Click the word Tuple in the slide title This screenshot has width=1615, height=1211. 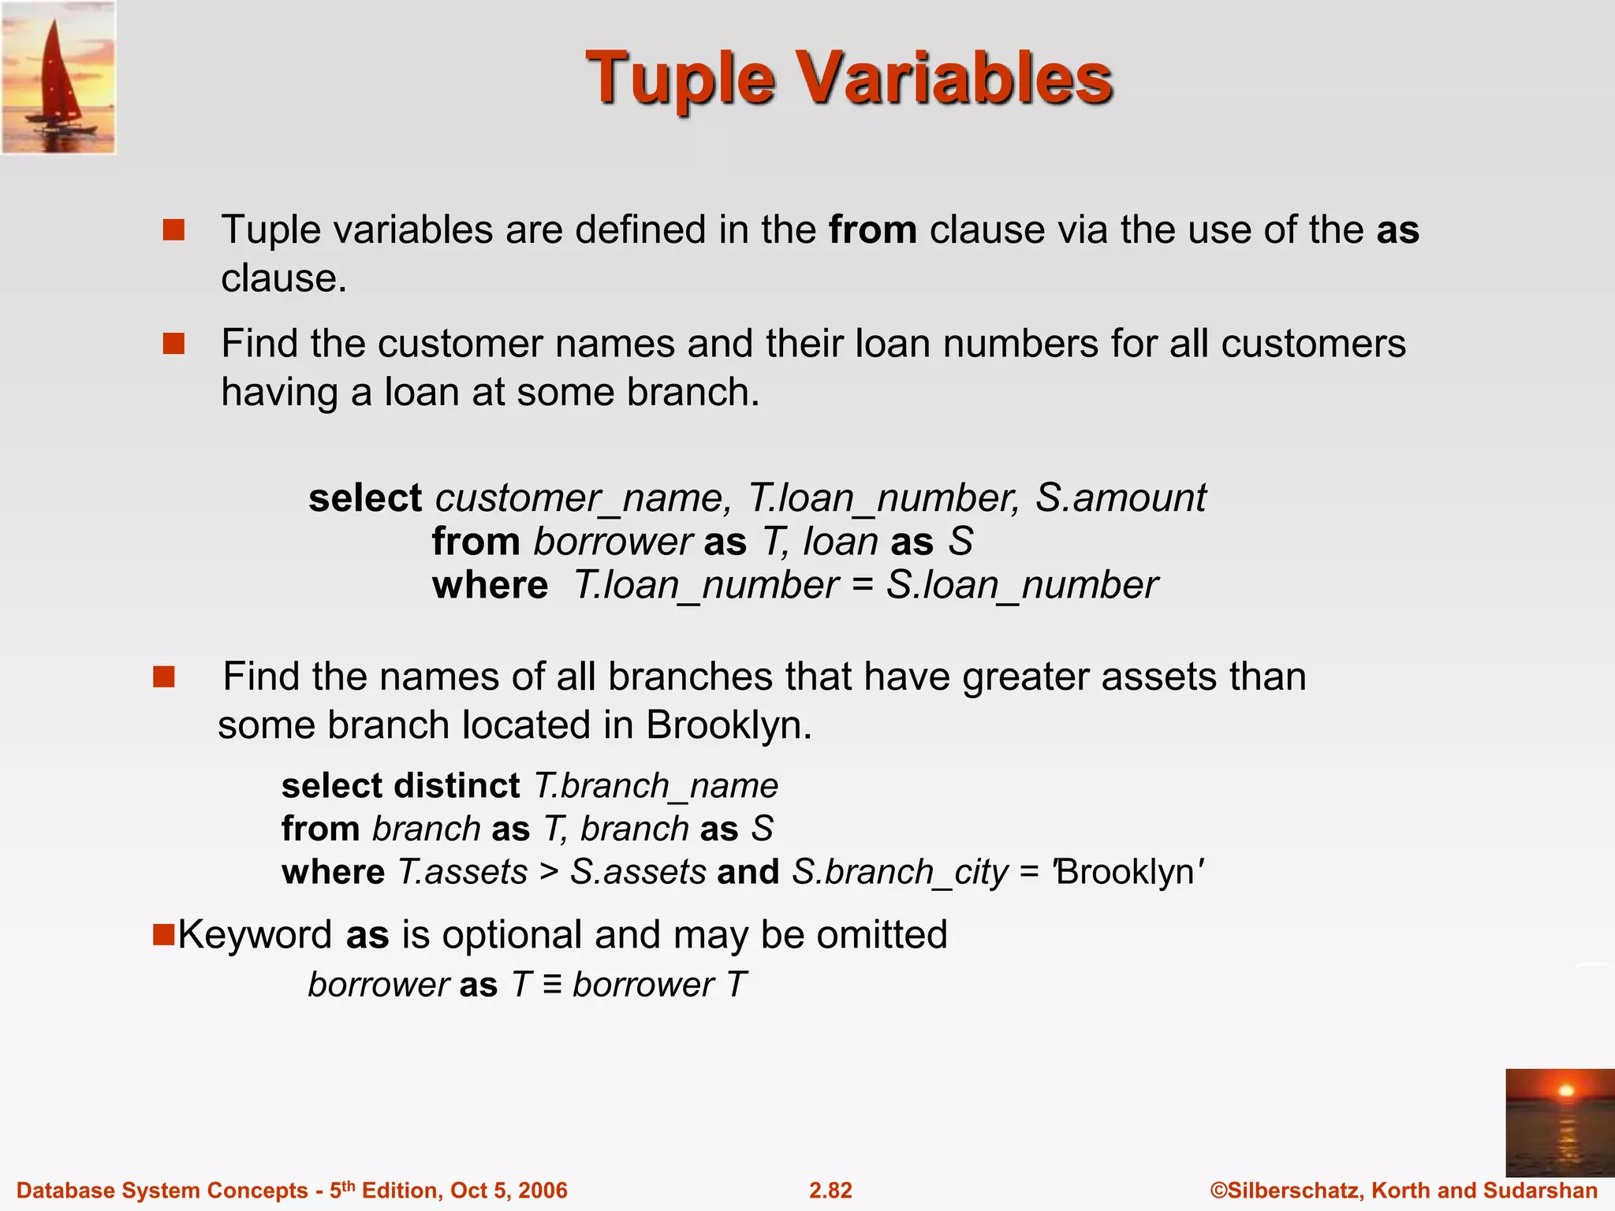tap(680, 80)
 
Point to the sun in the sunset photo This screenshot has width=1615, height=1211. tap(1566, 1090)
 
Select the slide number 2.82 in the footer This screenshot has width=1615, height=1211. tap(830, 1191)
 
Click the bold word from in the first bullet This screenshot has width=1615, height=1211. tap(872, 230)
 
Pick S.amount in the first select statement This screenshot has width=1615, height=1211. tap(1120, 498)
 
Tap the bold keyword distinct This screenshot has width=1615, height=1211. tap(457, 786)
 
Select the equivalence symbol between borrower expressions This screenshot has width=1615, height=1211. tap(552, 985)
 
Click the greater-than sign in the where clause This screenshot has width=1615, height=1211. tap(548, 873)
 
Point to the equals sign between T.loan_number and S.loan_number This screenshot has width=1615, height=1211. tap(862, 586)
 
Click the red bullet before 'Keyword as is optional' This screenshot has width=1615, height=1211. tap(163, 935)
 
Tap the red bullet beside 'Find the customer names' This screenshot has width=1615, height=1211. tap(173, 344)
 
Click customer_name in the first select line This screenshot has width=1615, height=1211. tap(579, 498)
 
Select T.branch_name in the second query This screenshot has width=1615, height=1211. tap(656, 786)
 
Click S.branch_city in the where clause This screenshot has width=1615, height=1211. tap(900, 873)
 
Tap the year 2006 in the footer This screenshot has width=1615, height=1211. tap(544, 1191)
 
